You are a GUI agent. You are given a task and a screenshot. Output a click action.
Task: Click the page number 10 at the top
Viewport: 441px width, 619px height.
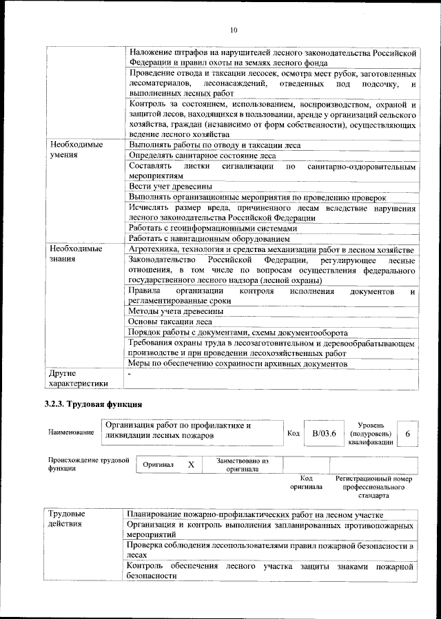pos(234,30)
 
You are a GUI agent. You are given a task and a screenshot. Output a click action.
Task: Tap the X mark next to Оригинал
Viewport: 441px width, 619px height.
pos(191,465)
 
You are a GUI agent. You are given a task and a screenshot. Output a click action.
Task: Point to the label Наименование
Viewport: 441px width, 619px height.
pos(71,432)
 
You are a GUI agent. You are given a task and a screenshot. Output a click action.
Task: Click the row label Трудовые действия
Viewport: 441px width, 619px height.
pos(68,519)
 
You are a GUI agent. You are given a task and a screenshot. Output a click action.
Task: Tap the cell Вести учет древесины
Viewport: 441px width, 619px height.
pos(170,187)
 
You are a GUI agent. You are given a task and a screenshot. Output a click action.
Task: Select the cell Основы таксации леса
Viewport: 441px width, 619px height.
pos(170,322)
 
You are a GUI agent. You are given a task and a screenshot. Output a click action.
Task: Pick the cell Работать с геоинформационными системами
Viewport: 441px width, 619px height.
pos(213,228)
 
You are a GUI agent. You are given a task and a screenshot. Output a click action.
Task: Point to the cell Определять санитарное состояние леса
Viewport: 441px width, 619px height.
pos(202,156)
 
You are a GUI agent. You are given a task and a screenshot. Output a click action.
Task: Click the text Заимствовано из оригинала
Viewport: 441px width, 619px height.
pos(242,465)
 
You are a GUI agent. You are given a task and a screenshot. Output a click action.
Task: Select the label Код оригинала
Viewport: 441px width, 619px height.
pos(307,482)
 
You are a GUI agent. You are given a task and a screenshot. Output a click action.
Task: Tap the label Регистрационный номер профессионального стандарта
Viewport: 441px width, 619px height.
pos(373,486)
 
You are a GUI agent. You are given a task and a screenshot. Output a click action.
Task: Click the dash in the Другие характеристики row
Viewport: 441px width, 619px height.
pos(130,374)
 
